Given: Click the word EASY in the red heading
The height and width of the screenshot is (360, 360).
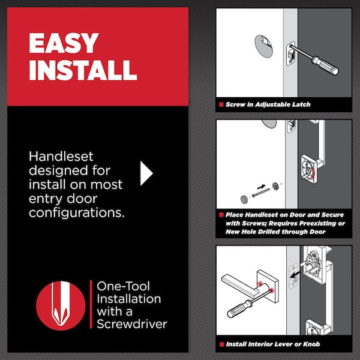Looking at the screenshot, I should pyautogui.click(x=63, y=43).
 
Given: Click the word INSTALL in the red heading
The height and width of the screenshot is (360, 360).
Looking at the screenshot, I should pyautogui.click(x=83, y=70).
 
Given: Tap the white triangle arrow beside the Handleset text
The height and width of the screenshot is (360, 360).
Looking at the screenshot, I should pyautogui.click(x=146, y=173).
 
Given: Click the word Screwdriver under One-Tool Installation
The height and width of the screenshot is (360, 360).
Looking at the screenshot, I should pyautogui.click(x=131, y=325).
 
